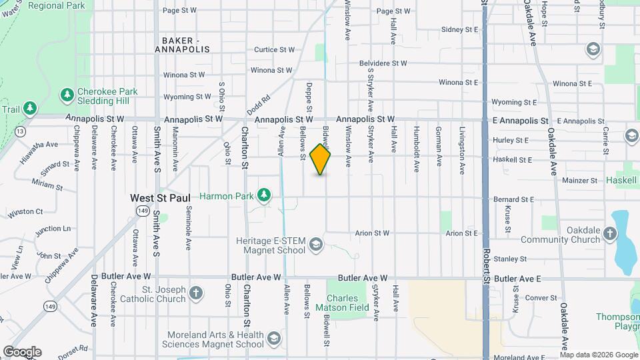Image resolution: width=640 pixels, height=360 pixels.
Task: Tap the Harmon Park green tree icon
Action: click(265, 195)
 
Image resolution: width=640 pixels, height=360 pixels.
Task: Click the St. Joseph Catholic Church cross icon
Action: click(195, 292)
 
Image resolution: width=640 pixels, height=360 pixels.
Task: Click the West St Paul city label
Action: click(160, 198)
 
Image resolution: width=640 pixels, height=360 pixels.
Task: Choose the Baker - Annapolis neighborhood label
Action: click(182, 45)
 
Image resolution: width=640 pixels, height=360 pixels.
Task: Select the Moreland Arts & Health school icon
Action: click(273, 339)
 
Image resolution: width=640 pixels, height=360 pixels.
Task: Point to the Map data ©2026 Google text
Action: click(599, 355)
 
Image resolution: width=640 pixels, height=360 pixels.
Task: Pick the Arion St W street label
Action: click(372, 233)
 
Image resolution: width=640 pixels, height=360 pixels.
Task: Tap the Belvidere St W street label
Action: click(383, 63)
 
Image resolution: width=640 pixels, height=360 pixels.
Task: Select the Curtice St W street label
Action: click(274, 49)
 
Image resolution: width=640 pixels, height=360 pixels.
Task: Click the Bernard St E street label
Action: click(513, 199)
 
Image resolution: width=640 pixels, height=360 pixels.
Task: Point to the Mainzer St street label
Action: click(579, 180)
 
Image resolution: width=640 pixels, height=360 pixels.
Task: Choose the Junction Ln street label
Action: click(53, 229)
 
